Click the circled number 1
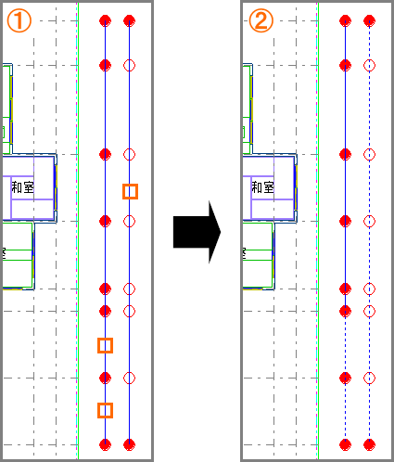19,20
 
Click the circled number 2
261,20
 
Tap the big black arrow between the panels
197,232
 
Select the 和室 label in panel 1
22,187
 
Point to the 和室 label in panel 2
262,187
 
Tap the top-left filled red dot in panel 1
105,21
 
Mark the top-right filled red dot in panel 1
129,21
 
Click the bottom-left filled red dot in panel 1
105,444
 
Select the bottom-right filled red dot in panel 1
129,444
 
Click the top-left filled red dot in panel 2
345,21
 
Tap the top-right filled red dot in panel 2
369,21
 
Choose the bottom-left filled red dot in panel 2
345,444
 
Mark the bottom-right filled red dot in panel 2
369,444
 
